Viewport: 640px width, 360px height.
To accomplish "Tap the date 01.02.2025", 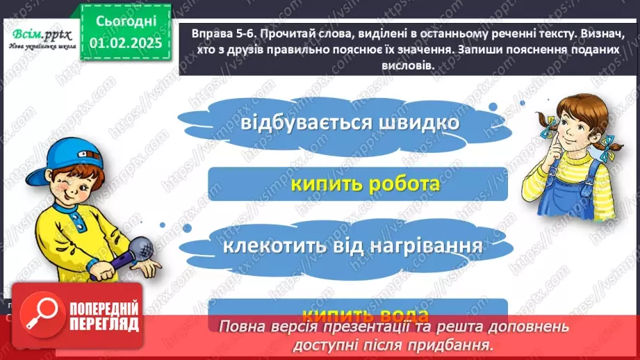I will point(125,44).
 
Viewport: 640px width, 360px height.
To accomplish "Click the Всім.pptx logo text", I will point(39,33).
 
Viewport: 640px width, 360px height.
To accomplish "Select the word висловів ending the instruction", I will point(409,65).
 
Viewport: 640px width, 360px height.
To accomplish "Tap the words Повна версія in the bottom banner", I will point(260,327).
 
